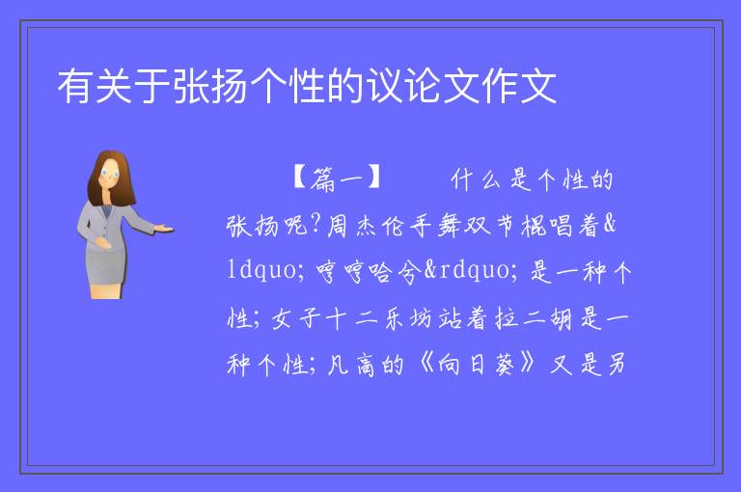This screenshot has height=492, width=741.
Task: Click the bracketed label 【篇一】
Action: click(337, 179)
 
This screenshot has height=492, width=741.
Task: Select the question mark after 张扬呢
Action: click(316, 225)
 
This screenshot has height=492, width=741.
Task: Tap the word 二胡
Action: click(547, 318)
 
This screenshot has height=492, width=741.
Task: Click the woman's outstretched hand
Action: click(164, 230)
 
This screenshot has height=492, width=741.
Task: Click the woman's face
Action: click(111, 173)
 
